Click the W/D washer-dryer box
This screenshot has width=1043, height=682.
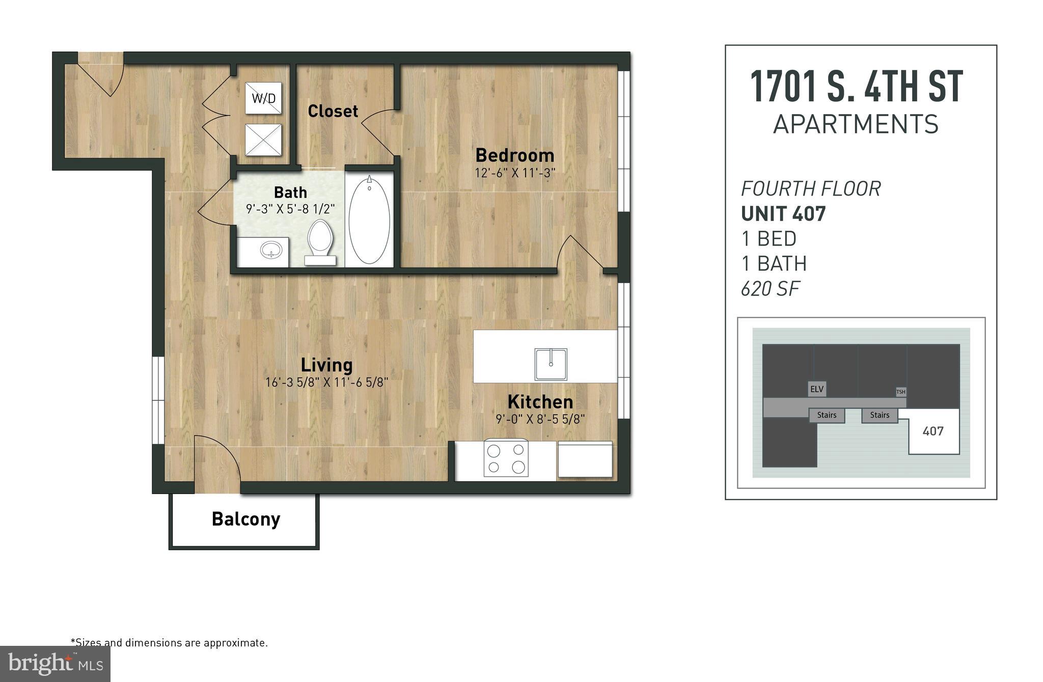(263, 98)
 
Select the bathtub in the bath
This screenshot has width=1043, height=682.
(369, 220)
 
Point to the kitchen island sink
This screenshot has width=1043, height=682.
(551, 364)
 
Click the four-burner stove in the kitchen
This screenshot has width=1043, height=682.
(506, 458)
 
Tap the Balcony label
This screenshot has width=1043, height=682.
(246, 519)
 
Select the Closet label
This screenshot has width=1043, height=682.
(333, 111)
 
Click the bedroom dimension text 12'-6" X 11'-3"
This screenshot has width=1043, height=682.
(515, 173)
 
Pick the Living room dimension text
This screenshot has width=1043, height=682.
(326, 382)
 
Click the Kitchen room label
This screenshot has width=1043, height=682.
(540, 402)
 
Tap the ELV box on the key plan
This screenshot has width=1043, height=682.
(816, 389)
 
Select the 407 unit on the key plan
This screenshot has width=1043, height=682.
(933, 431)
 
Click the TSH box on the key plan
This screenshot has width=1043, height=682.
(901, 392)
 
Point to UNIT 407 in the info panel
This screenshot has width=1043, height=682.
(783, 213)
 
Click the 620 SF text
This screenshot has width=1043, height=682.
(770, 289)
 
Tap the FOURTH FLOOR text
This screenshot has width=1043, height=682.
(810, 189)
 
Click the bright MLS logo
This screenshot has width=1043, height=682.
(55, 664)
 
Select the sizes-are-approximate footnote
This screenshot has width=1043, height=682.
(169, 643)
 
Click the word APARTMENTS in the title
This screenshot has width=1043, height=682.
(856, 124)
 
